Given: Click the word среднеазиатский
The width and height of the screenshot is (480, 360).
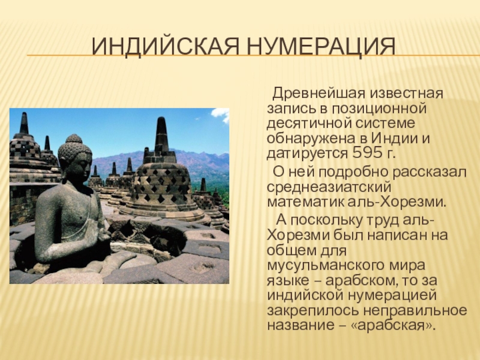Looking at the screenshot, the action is tap(329, 187).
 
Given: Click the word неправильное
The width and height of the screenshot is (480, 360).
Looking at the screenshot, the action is tap(415, 311).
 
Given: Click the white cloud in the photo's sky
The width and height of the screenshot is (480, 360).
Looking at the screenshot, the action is tap(221, 114).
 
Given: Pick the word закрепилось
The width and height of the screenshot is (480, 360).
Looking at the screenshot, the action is tap(313, 311).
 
